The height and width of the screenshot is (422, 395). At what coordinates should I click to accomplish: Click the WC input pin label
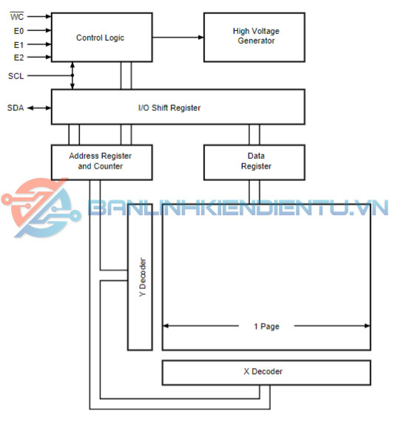17,17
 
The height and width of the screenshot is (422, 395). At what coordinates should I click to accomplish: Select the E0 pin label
18,31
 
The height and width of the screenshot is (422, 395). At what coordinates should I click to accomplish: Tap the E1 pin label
18,44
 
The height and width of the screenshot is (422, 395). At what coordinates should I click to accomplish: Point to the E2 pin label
18,58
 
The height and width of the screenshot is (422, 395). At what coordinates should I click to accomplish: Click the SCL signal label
16,76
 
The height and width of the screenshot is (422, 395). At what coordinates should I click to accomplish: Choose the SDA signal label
16,108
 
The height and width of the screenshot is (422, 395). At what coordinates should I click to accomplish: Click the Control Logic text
101,38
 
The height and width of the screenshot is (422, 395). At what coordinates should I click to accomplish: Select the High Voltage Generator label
256,35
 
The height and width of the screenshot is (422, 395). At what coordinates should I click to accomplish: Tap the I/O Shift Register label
169,108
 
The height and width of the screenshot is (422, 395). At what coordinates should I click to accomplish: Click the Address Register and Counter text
101,161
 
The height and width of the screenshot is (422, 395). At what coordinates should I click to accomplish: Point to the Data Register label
256,161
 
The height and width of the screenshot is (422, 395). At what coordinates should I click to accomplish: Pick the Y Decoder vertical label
143,277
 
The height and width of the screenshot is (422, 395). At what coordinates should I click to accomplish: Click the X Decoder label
263,372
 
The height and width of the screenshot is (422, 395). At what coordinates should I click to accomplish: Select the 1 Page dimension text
266,327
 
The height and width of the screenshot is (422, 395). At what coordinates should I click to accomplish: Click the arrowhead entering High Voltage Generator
201,38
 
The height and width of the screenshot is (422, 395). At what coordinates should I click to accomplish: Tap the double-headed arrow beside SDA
39,108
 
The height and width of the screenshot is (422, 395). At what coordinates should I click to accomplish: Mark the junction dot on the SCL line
72,75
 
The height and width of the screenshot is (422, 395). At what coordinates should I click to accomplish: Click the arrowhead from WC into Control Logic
49,16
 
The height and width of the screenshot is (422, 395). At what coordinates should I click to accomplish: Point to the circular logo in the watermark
41,208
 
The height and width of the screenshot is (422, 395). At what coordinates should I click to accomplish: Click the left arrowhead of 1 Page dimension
166,326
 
